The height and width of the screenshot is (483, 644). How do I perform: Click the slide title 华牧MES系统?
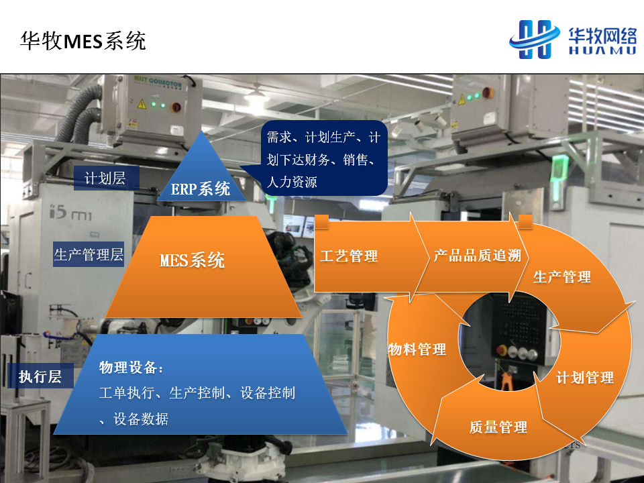[83, 41]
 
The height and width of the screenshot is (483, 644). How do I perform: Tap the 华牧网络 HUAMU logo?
[573, 40]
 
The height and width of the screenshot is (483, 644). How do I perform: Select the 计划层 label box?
[107, 178]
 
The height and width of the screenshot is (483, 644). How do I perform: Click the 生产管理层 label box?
[89, 255]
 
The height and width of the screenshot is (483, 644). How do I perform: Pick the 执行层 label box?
[40, 376]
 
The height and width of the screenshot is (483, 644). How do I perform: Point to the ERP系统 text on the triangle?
[201, 189]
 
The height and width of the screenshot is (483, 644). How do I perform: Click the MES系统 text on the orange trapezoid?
[193, 260]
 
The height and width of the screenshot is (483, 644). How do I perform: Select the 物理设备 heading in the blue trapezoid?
[131, 367]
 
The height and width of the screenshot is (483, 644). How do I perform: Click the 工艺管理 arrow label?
[349, 256]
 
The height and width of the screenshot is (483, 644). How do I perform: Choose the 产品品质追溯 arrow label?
[477, 256]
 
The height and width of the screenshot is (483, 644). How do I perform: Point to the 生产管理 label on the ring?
[562, 277]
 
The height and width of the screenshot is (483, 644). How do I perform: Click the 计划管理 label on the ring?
[585, 378]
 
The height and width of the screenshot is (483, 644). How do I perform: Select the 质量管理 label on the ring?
[498, 427]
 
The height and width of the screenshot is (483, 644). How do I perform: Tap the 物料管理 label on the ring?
[417, 350]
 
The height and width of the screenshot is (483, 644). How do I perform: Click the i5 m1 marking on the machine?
[70, 213]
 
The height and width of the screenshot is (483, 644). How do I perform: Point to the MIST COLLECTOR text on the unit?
[158, 81]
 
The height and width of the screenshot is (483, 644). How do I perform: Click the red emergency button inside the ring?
[502, 350]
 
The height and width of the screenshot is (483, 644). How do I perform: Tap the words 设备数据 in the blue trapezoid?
[141, 419]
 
